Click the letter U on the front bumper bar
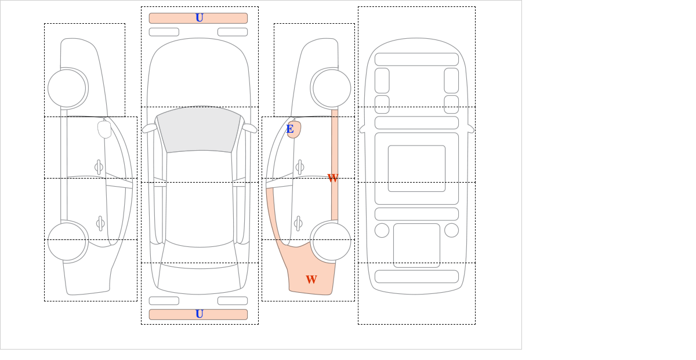pos(200,18)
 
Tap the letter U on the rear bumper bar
pos(200,314)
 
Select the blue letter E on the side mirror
pos(290,129)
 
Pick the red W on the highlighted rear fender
pos(311,279)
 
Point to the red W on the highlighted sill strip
pos(333,178)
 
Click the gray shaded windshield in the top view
pos(199,129)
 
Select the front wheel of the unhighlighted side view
pos(67,88)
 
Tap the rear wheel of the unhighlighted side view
pos(67,241)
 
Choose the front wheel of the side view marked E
pos(332,88)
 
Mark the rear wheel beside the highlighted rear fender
pos(332,241)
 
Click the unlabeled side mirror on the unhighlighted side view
pos(104,129)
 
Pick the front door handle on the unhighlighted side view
pos(99,168)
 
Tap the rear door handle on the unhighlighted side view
pos(100,223)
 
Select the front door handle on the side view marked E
pos(300,168)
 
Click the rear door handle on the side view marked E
pos(298,223)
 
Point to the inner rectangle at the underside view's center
pos(416,168)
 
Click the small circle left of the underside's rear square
pos(382,231)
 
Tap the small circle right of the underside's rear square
pos(451,231)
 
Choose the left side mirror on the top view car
pos(150,128)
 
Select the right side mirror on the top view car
pos(249,128)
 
